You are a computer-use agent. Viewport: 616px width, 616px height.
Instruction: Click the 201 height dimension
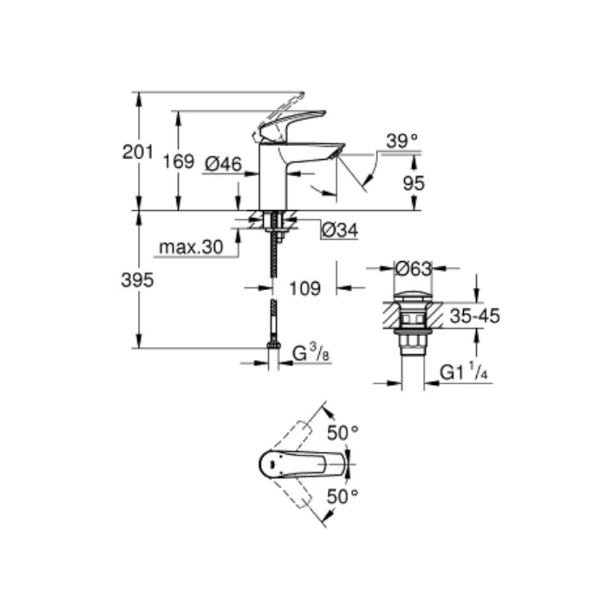[x=137, y=152]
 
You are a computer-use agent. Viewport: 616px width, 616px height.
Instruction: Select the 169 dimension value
[x=179, y=161]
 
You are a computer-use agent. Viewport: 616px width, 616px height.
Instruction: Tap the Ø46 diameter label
[x=223, y=164]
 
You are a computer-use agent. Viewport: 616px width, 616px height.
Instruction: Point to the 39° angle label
[x=402, y=141]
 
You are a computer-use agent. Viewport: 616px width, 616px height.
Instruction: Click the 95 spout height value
[x=414, y=184]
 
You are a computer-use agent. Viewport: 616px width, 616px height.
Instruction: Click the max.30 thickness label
[x=191, y=248]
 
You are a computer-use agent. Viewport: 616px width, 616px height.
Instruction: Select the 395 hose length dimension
[x=137, y=280]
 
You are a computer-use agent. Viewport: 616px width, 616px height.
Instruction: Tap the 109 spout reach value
[x=305, y=289]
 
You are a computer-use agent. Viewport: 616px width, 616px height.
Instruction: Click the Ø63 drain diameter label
[x=413, y=269]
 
